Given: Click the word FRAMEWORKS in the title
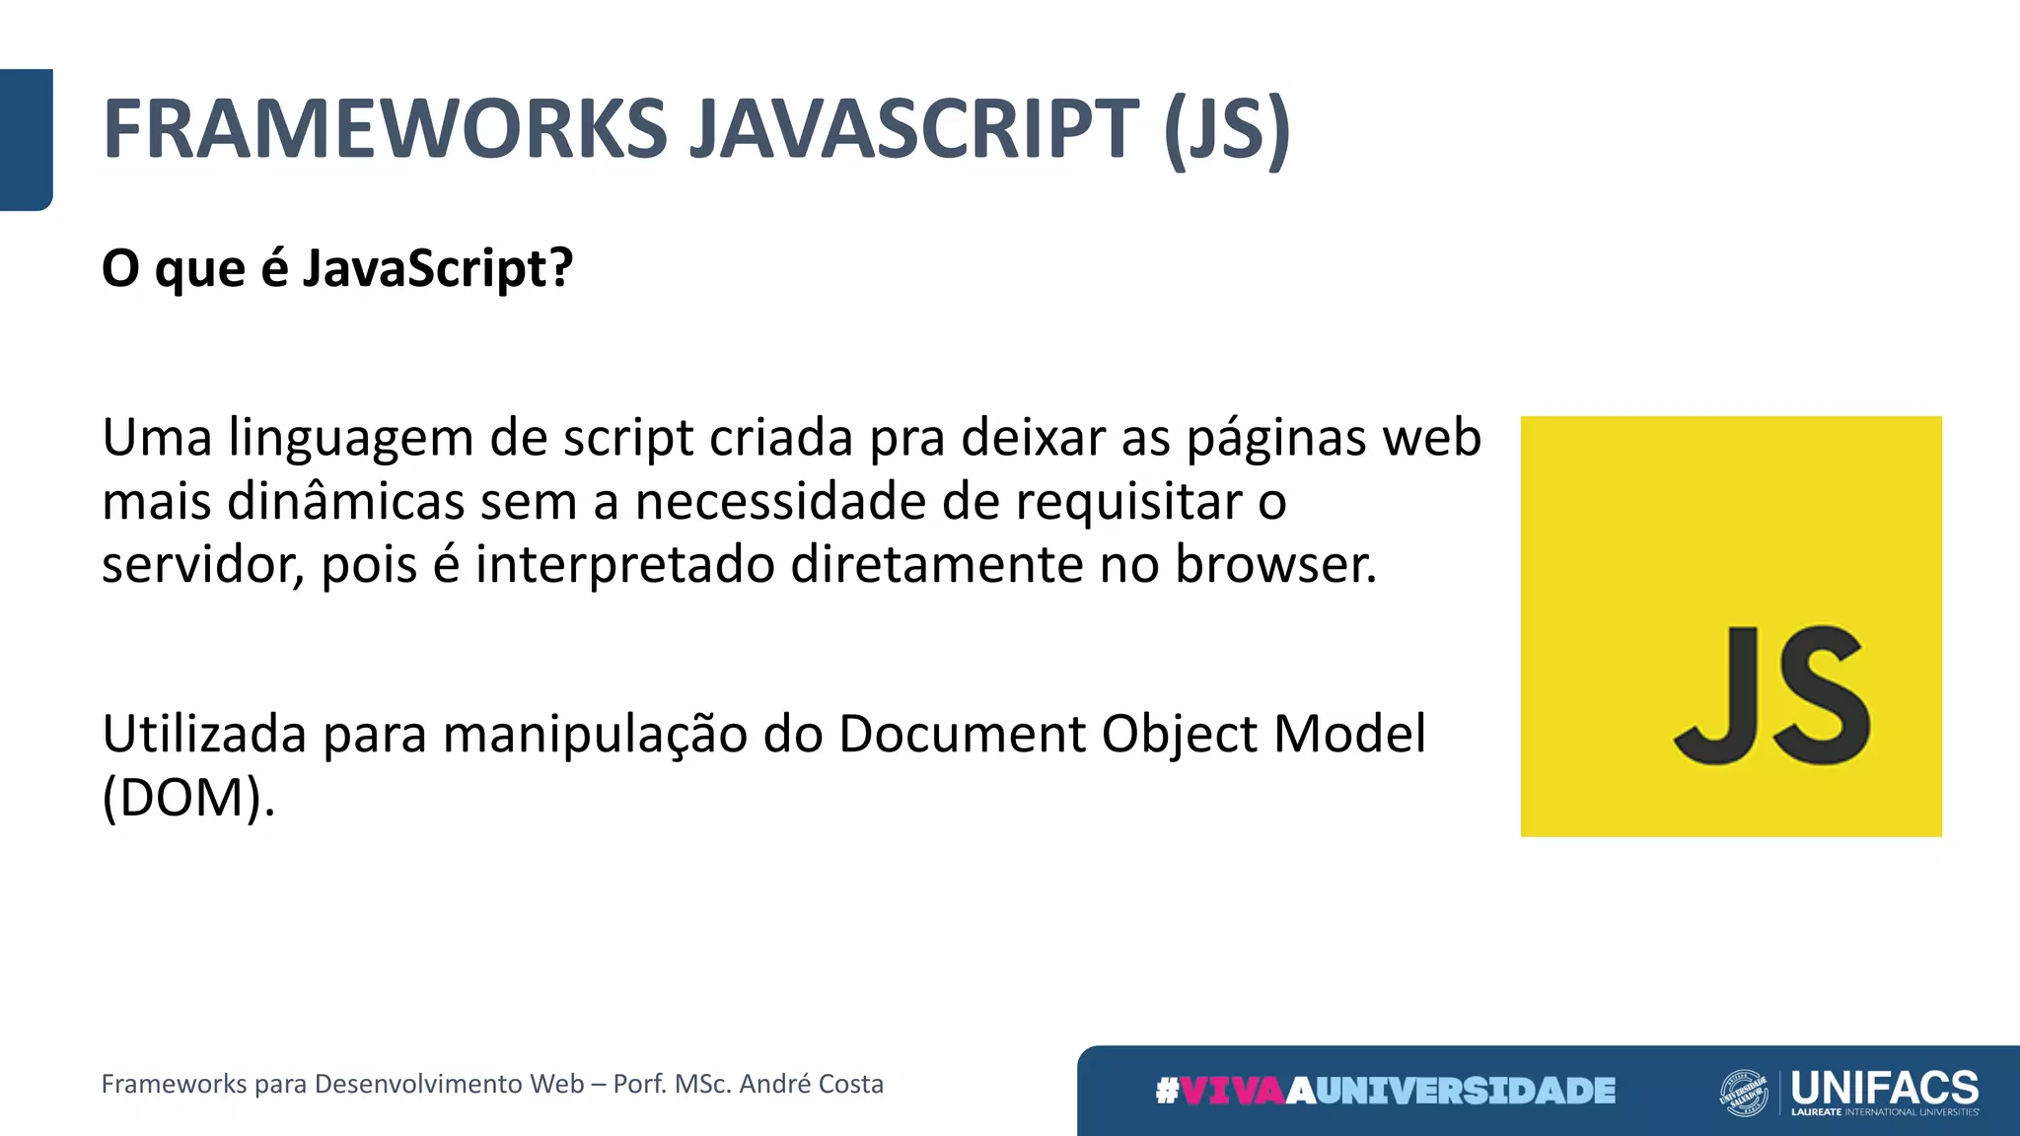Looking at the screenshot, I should (x=386, y=129).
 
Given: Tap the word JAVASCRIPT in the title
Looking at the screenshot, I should (x=914, y=129).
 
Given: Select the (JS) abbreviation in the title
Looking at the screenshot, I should (x=1226, y=129).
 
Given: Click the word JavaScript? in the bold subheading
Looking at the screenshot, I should (x=437, y=268).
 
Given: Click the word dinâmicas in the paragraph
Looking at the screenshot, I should (x=345, y=502).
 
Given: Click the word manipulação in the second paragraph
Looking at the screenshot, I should (x=595, y=735).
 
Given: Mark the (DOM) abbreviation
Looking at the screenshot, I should (x=187, y=798).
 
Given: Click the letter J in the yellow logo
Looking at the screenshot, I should (x=1718, y=695).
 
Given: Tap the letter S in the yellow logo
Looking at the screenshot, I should (x=1821, y=695).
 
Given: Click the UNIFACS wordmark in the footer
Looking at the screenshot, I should (x=1884, y=1087).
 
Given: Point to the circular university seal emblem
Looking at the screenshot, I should (x=1744, y=1093).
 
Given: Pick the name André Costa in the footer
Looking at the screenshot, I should (x=811, y=1084).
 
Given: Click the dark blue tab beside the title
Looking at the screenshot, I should (x=26, y=139).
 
